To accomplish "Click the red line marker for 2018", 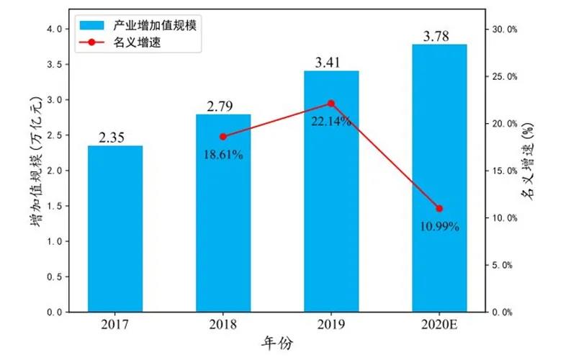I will pos(223,137).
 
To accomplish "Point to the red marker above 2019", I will pos(331,103).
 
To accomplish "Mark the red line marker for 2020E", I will pos(439,209).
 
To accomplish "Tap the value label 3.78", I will pos(439,36).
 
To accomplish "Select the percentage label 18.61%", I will pos(223,153).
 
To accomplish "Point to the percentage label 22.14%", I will pos(331,121).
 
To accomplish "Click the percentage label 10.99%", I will pos(439,226).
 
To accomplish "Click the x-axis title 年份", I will pos(277,344).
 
